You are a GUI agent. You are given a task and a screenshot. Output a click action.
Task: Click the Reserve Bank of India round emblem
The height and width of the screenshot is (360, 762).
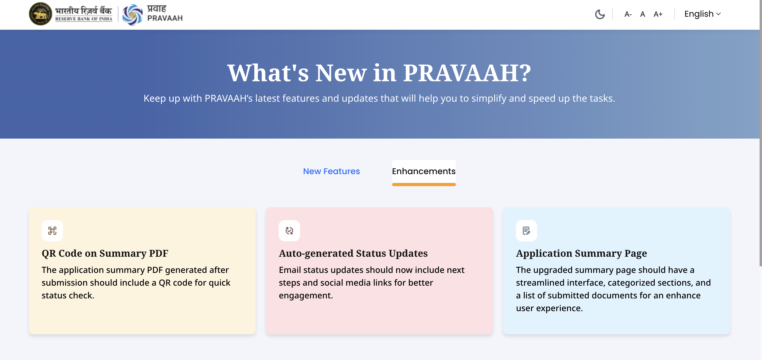(40, 14)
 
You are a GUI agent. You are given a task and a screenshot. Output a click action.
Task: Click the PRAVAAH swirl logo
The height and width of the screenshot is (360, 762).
(132, 15)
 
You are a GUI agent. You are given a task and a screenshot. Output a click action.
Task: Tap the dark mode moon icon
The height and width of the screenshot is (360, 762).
(600, 14)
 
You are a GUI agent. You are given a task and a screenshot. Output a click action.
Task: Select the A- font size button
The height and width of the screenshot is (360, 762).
(628, 14)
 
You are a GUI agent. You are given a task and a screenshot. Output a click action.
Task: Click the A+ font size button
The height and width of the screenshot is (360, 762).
(658, 14)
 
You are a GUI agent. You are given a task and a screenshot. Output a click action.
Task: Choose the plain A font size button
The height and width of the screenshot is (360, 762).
(643, 14)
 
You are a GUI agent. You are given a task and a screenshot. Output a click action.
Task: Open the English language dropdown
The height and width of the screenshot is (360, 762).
(703, 14)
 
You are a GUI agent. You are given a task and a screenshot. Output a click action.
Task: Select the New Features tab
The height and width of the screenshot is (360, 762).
(331, 171)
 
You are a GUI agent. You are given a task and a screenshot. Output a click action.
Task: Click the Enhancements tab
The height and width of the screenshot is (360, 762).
(423, 171)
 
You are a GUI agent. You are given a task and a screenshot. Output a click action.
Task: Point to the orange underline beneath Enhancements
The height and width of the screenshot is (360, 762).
(423, 185)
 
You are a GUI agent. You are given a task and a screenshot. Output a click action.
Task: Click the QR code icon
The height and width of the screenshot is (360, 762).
(52, 231)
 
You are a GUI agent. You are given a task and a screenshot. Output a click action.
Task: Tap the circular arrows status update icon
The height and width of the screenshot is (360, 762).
(289, 231)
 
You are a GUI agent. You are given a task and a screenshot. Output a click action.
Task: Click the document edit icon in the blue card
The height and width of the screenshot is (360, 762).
(526, 231)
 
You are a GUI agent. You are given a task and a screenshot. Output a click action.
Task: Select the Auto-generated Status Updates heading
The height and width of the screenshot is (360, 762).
(353, 254)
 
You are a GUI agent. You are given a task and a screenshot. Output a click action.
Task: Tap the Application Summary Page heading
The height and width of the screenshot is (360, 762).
(581, 254)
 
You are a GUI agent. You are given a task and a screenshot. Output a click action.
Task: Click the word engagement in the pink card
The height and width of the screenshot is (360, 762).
(306, 295)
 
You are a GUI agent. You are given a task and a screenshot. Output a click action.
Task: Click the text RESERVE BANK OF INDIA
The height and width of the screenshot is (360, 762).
(84, 19)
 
